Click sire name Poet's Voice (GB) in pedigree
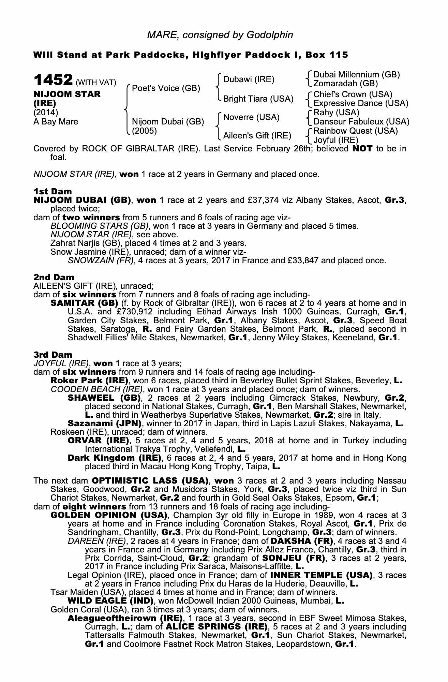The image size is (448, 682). tap(166, 88)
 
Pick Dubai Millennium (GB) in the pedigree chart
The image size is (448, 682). tap(357, 75)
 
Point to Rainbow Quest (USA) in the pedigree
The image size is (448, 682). tap(356, 131)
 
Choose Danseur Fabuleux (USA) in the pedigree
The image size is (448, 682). tap(361, 122)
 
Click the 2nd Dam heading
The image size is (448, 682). tap(54, 277)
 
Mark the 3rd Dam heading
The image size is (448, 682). tap(53, 355)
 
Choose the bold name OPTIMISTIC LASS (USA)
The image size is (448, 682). tap(150, 481)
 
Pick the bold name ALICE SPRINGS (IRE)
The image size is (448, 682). tap(216, 627)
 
